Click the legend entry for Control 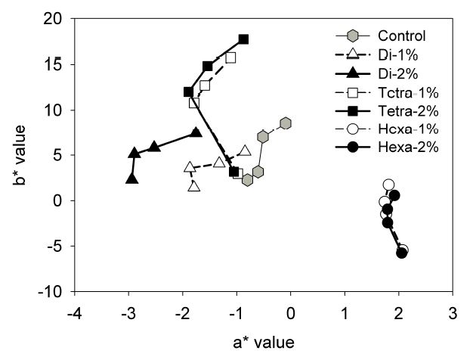[402, 36]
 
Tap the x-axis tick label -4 [74, 312]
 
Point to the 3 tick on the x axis [453, 312]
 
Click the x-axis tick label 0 [291, 312]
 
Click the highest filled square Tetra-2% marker [243, 39]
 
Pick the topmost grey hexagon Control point [286, 123]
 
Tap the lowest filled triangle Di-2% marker [132, 179]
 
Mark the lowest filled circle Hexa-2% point [401, 253]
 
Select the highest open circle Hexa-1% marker [388, 185]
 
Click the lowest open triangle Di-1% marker [194, 186]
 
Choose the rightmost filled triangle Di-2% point [196, 132]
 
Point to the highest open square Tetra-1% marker [230, 57]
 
